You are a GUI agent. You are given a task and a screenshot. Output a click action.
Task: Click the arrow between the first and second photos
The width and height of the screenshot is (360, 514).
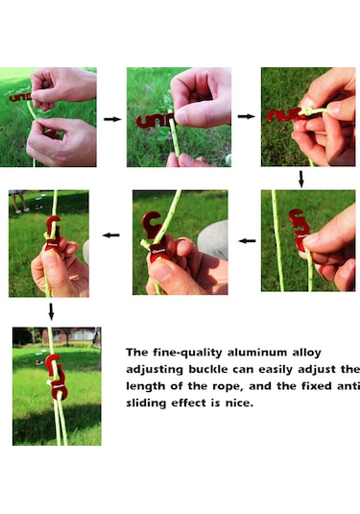(x=112, y=119)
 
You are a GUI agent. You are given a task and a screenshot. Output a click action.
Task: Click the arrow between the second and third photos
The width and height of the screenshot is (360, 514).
(x=246, y=116)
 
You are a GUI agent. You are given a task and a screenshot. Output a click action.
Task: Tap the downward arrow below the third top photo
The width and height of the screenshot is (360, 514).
(x=301, y=179)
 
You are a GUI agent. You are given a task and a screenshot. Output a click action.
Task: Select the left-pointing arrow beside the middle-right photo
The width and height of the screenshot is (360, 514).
(x=247, y=241)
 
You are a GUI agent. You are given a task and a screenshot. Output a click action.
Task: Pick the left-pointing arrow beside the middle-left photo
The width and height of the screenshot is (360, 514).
(x=111, y=235)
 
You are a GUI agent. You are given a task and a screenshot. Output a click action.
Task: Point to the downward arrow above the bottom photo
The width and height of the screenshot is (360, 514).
(x=51, y=311)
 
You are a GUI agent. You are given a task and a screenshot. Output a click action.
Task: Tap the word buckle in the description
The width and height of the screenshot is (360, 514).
(x=208, y=370)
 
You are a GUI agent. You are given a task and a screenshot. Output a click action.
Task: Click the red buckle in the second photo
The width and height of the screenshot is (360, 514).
(x=155, y=121)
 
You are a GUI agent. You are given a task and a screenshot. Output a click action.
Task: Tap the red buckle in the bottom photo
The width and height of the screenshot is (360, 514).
(x=56, y=377)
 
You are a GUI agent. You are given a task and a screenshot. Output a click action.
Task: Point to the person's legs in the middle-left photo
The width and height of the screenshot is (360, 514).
(x=19, y=202)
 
